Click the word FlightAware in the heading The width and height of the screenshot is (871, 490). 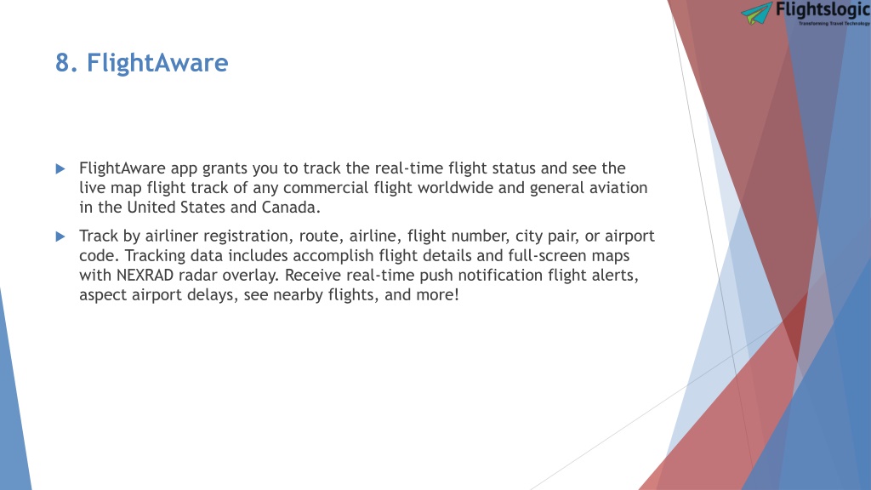pos(157,63)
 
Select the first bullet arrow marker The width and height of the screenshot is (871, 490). pos(60,169)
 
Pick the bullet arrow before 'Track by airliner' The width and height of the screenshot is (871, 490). pos(60,236)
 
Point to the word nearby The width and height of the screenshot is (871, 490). pos(298,295)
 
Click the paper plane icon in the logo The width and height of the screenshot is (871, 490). pos(756,13)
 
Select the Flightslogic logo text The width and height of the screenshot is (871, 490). pos(823,10)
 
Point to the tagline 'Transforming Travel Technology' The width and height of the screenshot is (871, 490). pos(834,23)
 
